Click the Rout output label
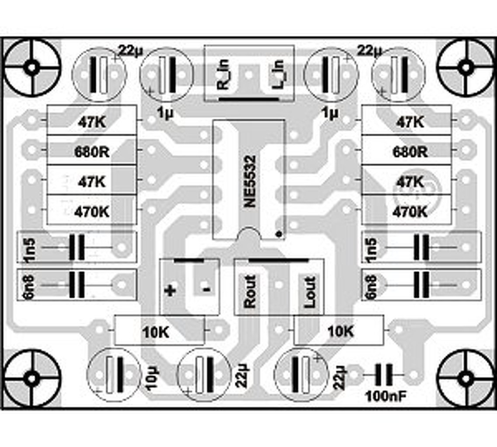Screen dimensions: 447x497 [250, 291]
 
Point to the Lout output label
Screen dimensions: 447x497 [309, 291]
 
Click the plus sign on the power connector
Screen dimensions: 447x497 [170, 290]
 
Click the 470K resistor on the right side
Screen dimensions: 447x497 [410, 212]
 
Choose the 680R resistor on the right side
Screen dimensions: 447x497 [410, 152]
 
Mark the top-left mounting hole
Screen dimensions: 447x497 [31, 68]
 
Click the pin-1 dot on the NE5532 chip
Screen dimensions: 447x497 [278, 234]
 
